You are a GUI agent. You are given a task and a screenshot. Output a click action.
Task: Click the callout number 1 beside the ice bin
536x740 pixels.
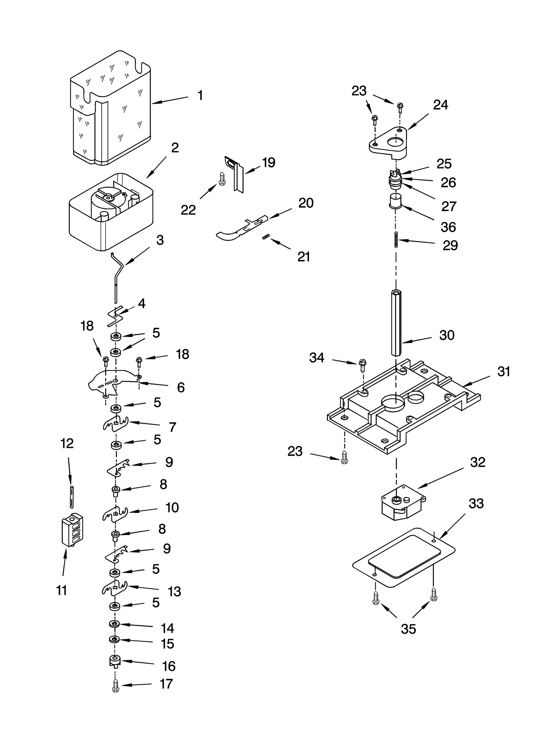coord(200,95)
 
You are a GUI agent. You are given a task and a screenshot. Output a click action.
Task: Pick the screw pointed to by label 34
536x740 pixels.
coord(362,366)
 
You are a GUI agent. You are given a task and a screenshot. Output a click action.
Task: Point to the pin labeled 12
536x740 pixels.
coord(71,496)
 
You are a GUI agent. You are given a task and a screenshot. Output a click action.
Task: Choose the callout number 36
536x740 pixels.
coord(448,227)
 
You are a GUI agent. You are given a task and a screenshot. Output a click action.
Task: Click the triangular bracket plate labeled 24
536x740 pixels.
coord(389,142)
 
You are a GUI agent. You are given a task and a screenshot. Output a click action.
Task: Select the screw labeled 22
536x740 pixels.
coord(221,179)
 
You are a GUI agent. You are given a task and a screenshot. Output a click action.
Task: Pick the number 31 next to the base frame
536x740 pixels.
coord(504,371)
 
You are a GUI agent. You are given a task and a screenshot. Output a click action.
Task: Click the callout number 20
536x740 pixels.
coord(306,203)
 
